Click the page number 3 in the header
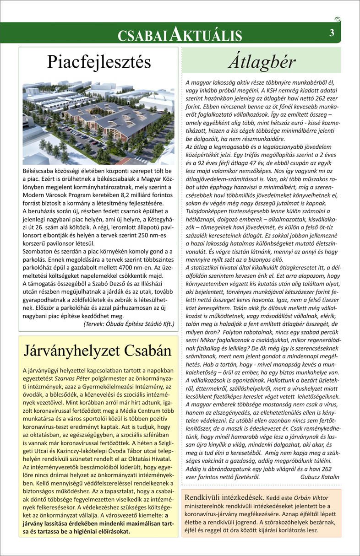tap(331, 32)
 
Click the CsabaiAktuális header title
tap(180, 34)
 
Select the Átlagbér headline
tap(262, 61)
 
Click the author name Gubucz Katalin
tap(320, 476)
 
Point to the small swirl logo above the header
tap(338, 19)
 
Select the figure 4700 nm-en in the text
tap(131, 268)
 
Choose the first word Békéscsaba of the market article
tap(39, 170)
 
